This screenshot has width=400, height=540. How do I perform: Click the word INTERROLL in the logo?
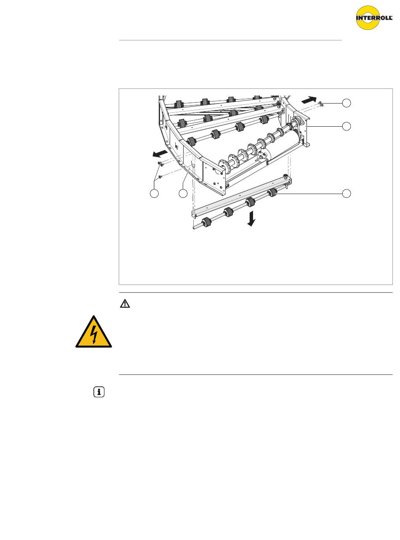pos(374,18)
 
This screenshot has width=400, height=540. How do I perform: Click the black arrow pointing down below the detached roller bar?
pos(251,218)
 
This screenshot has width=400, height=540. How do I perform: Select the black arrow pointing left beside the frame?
pos(160,153)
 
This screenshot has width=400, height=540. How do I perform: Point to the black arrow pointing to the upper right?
pos(309,100)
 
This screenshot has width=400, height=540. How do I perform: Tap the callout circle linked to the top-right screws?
pos(347,103)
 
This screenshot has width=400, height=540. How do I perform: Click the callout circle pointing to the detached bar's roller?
pos(347,194)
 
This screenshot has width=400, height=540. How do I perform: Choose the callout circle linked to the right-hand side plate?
pos(347,126)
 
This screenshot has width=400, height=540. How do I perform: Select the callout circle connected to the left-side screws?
pos(154,194)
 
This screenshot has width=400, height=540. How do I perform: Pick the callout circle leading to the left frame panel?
pos(183,194)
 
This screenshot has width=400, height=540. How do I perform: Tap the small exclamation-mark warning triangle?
pos(125,304)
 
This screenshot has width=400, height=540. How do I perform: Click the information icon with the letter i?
pos(99,392)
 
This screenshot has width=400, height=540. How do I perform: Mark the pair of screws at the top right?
pos(320,104)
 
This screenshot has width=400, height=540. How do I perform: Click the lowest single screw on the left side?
pos(160,177)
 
